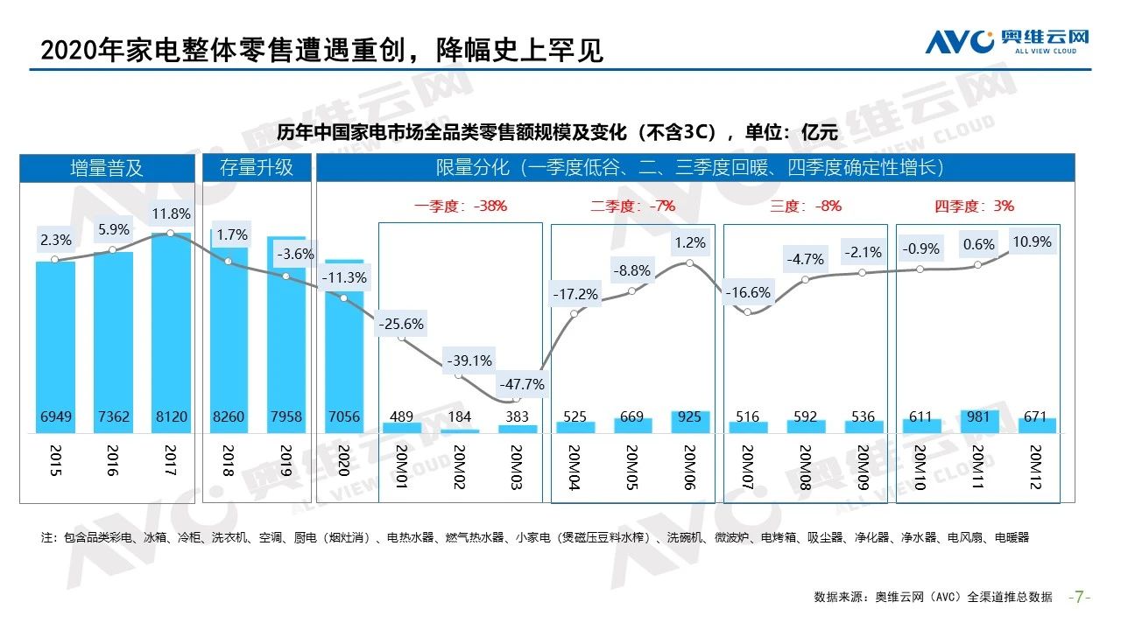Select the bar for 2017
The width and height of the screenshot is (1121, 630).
click(170, 332)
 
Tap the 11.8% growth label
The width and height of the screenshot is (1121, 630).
click(170, 213)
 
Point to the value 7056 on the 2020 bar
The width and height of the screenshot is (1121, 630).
click(343, 416)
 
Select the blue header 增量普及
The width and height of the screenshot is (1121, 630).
click(107, 168)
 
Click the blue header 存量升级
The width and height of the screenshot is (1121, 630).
click(257, 168)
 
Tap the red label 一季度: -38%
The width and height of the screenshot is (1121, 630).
click(461, 206)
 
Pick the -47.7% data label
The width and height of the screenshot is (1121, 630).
click(521, 383)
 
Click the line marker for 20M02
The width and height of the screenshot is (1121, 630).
click(459, 374)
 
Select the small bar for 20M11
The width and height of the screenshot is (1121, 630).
click(978, 421)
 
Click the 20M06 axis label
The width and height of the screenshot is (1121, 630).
click(689, 468)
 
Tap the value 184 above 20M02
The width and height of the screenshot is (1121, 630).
click(460, 416)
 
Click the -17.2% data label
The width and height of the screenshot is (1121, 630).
click(575, 294)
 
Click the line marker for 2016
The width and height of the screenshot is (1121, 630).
click(113, 250)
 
